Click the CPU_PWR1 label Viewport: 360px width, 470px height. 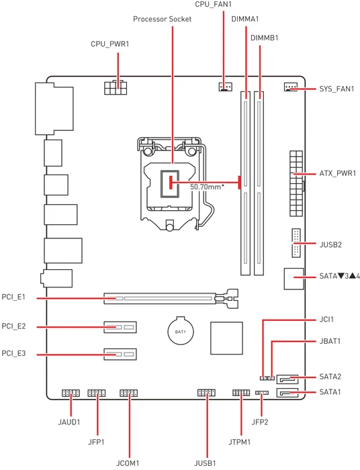pos(110,44)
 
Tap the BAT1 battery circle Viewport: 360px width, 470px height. pos(181,332)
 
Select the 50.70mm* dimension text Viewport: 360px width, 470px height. pos(207,187)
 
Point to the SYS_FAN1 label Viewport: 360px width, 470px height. pos(336,89)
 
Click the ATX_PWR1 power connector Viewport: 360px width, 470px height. pos(296,183)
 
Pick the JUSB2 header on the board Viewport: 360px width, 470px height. pos(296,243)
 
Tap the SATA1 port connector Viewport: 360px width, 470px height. pos(288,392)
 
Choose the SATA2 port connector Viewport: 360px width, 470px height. pos(288,379)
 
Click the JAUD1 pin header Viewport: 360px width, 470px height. pos(71,393)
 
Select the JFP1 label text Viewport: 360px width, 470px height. pos(96,442)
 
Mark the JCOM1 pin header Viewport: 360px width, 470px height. pos(128,393)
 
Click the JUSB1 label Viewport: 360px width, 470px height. pos(205,463)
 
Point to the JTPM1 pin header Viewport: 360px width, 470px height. pos(241,392)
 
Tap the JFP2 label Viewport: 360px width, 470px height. pos(259,422)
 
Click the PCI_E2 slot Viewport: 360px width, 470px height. pos(120,327)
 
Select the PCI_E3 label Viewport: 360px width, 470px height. pos(14,353)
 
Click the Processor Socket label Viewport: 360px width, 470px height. pos(162,19)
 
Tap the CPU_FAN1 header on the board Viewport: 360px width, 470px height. pos(224,87)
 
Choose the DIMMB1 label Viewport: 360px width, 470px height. pos(265,38)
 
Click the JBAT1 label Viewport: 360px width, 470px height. pos(330,341)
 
